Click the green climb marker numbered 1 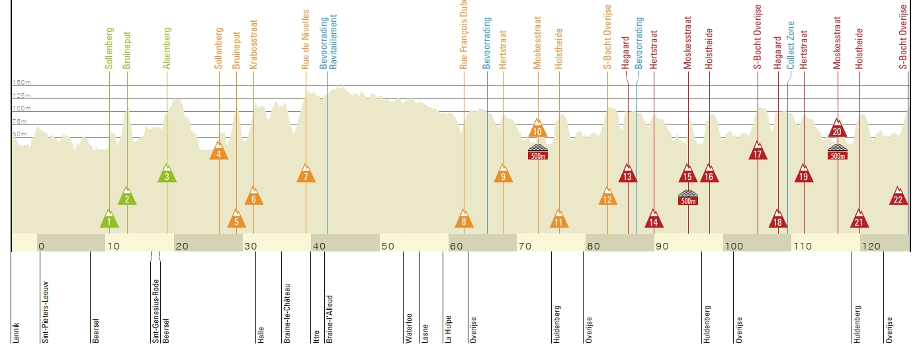[110, 220]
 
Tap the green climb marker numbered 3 [167, 174]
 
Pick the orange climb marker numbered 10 [537, 129]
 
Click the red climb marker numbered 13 [628, 174]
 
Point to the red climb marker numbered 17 [758, 152]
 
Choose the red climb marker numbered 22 [898, 197]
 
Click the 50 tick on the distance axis [388, 247]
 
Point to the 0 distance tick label [41, 247]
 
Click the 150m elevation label [21, 83]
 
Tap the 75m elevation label [20, 122]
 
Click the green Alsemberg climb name [167, 48]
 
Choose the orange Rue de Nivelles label [306, 40]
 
